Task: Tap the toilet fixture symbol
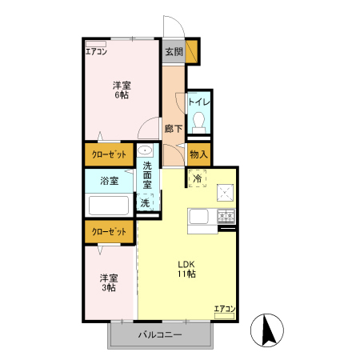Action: tap(199, 121)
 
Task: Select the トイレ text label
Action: tap(198, 102)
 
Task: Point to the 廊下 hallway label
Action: tap(174, 128)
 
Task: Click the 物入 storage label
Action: tap(199, 154)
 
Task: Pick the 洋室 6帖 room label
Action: tap(122, 90)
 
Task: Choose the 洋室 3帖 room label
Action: tap(110, 282)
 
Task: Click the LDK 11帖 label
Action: tap(187, 269)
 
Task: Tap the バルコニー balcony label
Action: tap(160, 334)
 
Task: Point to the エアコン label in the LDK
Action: tap(225, 308)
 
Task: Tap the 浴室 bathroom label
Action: tap(109, 181)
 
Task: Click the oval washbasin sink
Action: tap(146, 152)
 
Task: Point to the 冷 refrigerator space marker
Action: tap(197, 179)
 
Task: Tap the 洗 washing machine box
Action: tap(145, 203)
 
